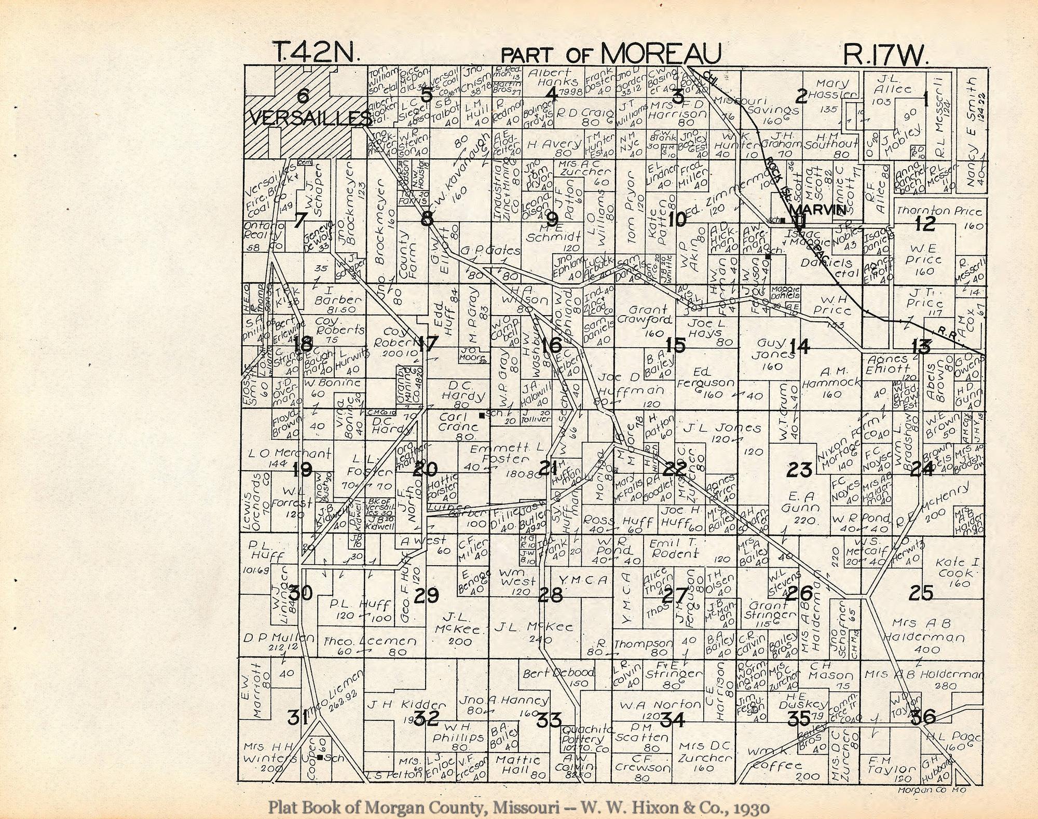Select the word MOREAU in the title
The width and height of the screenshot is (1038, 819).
tap(662, 54)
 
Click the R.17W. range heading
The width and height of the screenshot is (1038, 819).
tap(885, 55)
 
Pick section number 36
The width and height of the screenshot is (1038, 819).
tap(922, 717)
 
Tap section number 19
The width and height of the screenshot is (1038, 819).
tap(302, 470)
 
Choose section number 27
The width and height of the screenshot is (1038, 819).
tap(675, 595)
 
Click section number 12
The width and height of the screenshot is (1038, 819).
tap(925, 224)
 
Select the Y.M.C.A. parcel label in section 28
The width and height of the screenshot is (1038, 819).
tap(582, 580)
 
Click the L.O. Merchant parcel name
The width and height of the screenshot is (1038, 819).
tap(290, 453)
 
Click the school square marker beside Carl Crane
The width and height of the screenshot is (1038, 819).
tap(482, 415)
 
